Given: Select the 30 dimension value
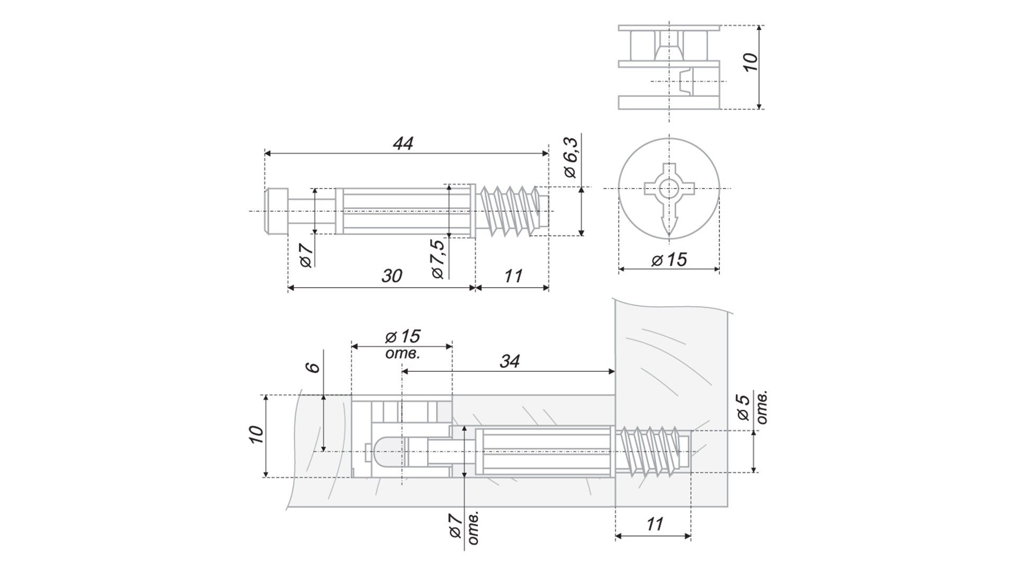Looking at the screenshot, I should [x=392, y=276].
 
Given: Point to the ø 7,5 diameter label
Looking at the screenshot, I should [x=438, y=258].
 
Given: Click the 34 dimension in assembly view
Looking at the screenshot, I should [x=510, y=362].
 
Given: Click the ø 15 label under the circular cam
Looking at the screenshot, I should [x=669, y=260].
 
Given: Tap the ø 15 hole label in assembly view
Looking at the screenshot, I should [x=403, y=337].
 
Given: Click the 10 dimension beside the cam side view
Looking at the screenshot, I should [x=750, y=62].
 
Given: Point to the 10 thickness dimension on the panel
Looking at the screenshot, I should [x=256, y=434].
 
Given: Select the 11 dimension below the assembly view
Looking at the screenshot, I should [x=655, y=524].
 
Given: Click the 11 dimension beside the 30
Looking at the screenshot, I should [x=513, y=276].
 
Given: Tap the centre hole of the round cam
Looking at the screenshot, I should [x=669, y=188].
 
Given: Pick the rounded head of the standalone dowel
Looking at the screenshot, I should [x=276, y=211].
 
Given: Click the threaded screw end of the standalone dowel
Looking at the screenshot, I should [x=511, y=211].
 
